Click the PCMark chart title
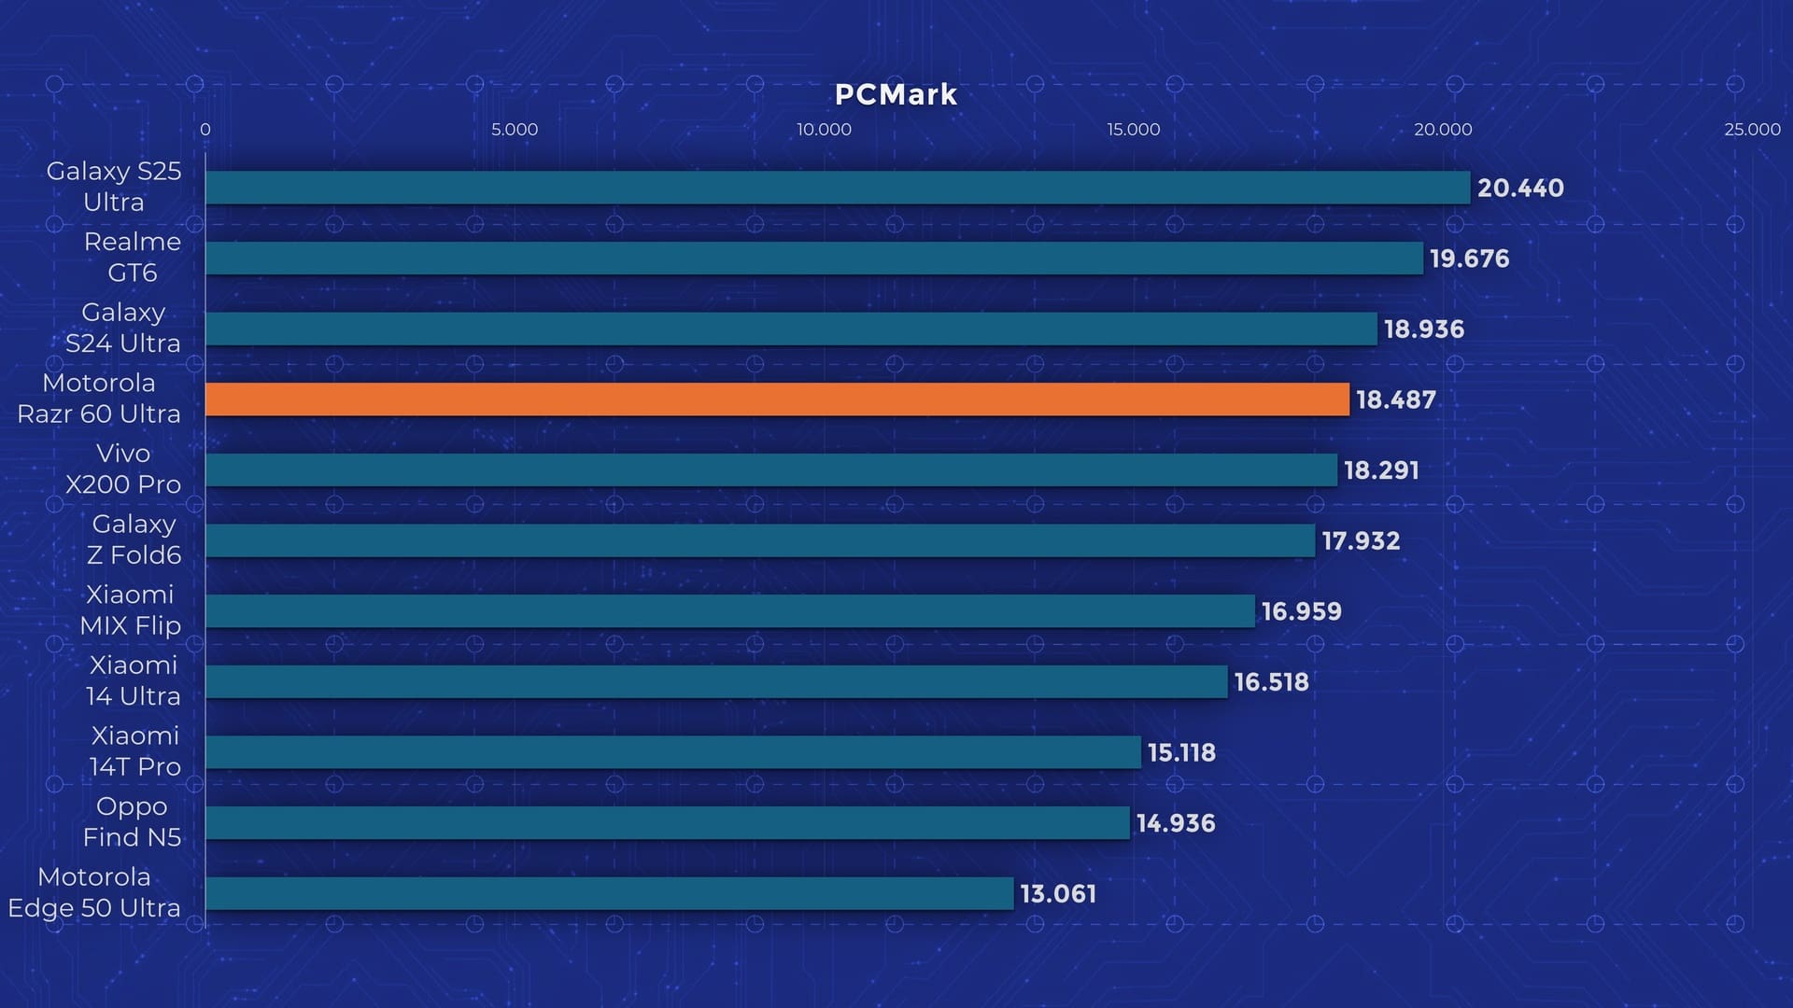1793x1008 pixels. (896, 94)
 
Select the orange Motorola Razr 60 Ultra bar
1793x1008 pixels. (777, 399)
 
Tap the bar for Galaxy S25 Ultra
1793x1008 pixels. (838, 188)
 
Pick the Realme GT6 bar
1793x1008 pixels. (814, 259)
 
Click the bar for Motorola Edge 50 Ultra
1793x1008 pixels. (609, 893)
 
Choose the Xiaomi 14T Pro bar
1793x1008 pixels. (673, 752)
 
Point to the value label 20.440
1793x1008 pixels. (1520, 188)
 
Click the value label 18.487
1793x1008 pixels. (1395, 399)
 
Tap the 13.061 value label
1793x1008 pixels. (1058, 893)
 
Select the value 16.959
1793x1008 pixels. (1301, 611)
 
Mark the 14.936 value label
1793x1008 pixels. (1176, 823)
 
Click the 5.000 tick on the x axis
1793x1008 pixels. (515, 130)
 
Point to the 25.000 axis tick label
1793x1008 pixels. (1752, 130)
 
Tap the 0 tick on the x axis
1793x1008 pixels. (205, 130)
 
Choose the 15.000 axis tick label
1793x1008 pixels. (1134, 130)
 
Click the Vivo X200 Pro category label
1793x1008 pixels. (122, 469)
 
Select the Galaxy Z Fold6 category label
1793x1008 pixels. (134, 539)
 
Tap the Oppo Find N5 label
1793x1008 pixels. (132, 821)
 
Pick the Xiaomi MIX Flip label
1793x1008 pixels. (130, 610)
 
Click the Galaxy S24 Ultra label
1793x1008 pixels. (122, 328)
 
